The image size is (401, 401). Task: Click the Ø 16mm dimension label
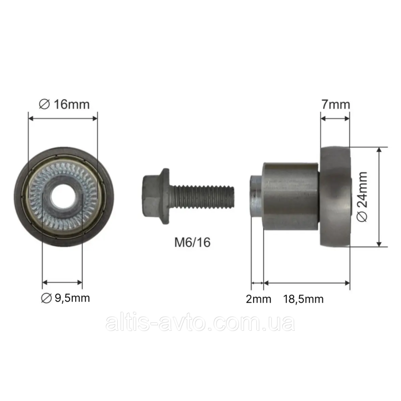pos(64,104)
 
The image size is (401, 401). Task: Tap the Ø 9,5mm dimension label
pos(66,298)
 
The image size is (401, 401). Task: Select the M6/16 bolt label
pos(192,242)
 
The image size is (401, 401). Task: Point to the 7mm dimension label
pos(335,104)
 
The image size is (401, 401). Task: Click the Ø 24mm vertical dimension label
pos(362,196)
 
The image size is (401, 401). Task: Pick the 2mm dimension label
pos(258,299)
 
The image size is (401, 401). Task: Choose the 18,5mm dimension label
pos(303,299)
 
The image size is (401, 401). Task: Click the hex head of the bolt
pos(151,196)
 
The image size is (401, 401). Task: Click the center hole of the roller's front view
pos(64,196)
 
